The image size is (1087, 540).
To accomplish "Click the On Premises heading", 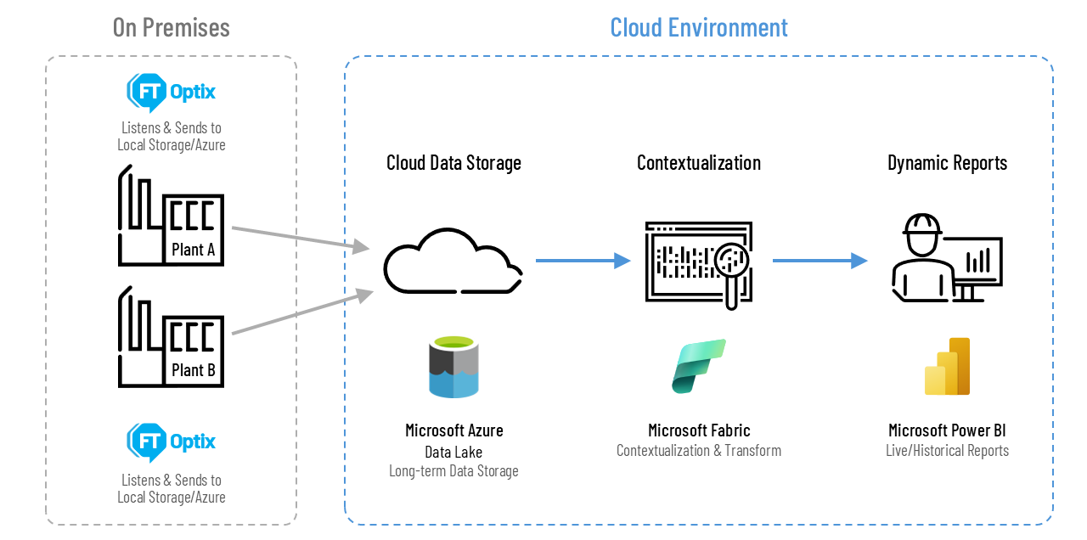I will (x=171, y=27).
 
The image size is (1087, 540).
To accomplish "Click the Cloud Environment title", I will (x=698, y=27).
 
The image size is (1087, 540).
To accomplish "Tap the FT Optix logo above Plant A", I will (x=171, y=92).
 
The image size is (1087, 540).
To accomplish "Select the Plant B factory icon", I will (x=171, y=337).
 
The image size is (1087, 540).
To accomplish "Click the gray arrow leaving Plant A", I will (x=297, y=239).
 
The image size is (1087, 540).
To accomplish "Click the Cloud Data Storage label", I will (x=453, y=163).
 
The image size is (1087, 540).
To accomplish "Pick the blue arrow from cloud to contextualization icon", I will (x=583, y=262).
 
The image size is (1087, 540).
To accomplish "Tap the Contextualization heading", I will (x=698, y=163).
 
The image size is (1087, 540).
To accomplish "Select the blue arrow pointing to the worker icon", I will (x=819, y=262).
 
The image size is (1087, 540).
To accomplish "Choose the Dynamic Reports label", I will (x=947, y=163).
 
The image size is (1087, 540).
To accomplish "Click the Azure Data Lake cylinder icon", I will (x=453, y=367).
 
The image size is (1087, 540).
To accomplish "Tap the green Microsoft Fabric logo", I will (x=698, y=366).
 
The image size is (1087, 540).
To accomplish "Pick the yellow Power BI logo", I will (x=947, y=367).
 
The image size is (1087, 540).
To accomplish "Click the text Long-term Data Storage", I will (x=453, y=470).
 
